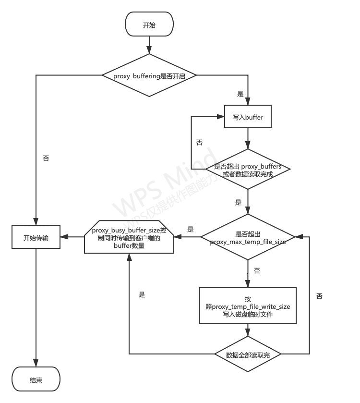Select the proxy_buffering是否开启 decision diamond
tap(149, 75)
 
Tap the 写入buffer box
tap(248, 117)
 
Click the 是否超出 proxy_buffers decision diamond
tap(248, 170)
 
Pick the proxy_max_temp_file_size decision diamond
tap(248, 237)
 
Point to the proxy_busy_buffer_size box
tap(129, 237)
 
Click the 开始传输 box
tap(36, 237)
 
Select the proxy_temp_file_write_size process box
tap(248, 305)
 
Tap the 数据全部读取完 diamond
tap(248, 354)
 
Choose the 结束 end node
tap(36, 379)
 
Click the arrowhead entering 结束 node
tap(36, 364)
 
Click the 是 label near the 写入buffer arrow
tap(240, 94)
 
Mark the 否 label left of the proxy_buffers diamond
tap(199, 142)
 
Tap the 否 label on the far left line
tap(46, 158)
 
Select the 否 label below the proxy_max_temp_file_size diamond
tap(257, 271)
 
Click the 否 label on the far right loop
tap(319, 296)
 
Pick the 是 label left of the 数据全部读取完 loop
tap(142, 295)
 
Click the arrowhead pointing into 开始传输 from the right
tap(64, 237)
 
